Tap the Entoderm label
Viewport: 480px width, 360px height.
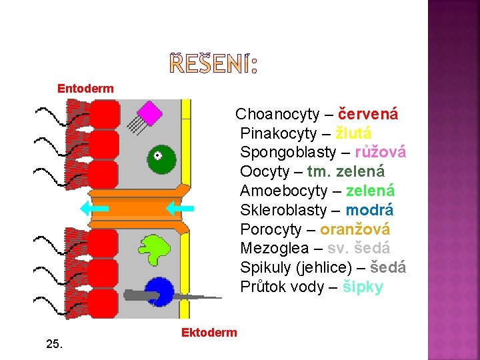(x=85, y=88)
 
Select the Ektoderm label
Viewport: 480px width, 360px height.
(x=209, y=332)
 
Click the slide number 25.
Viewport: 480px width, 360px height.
(x=55, y=344)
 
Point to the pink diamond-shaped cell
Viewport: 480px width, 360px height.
(x=151, y=113)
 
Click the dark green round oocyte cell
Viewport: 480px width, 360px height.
(x=161, y=159)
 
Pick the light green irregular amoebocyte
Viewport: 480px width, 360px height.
(x=158, y=249)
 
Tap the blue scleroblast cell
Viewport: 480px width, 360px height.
(x=160, y=292)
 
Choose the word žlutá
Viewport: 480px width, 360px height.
(x=353, y=133)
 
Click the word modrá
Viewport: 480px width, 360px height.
(x=369, y=211)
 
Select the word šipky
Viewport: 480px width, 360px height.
(x=363, y=288)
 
